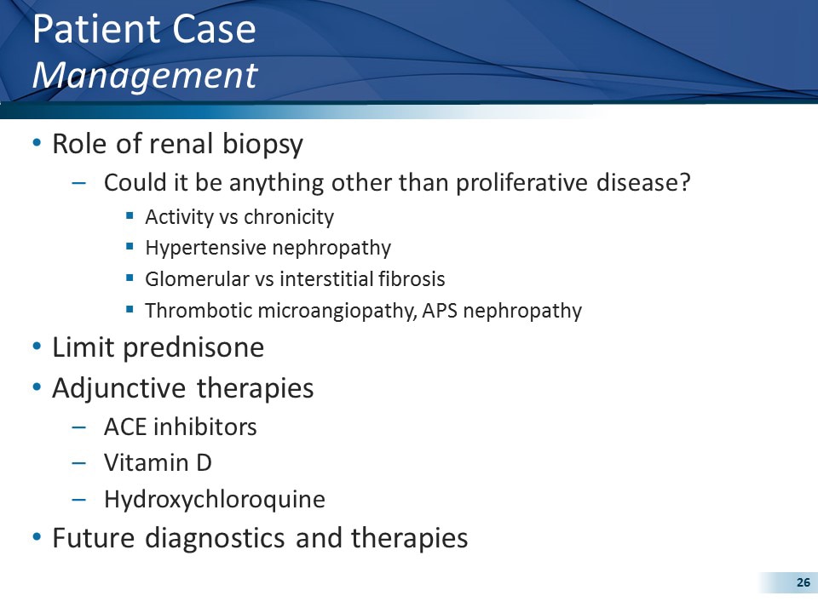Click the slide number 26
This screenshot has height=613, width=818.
click(803, 582)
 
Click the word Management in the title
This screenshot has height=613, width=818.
click(144, 75)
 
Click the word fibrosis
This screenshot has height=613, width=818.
click(413, 279)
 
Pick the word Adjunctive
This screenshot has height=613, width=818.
click(120, 388)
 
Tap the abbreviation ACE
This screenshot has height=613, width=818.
click(124, 427)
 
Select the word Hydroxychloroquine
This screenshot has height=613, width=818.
click(215, 499)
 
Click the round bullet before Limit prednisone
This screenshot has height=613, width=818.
click(36, 347)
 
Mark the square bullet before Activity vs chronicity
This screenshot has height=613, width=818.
click(130, 216)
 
